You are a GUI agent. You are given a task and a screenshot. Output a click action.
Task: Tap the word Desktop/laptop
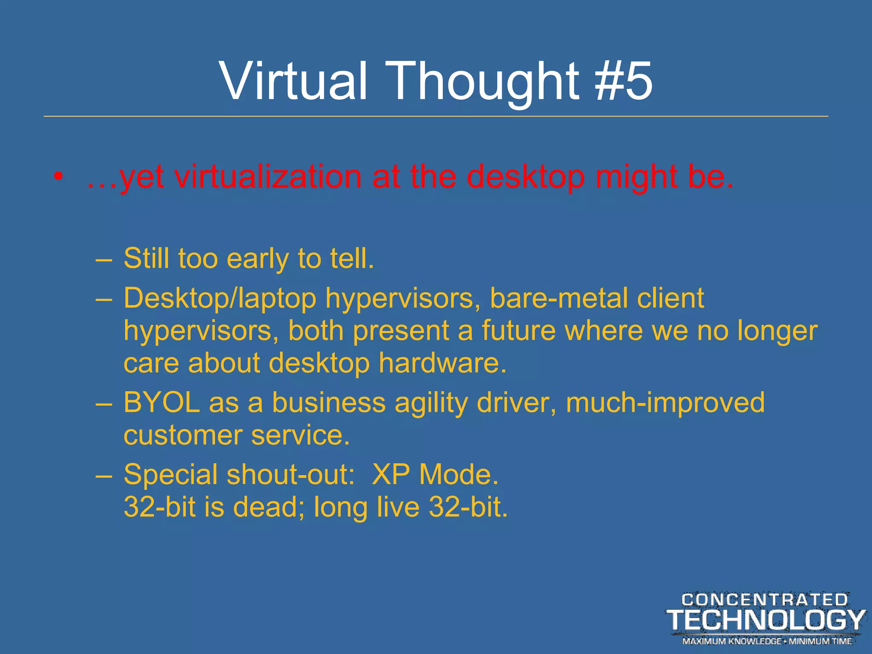pyautogui.click(x=220, y=298)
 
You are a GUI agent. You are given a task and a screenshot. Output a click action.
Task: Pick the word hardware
pyautogui.click(x=442, y=363)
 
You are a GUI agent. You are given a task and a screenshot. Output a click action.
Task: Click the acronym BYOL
pyautogui.click(x=161, y=402)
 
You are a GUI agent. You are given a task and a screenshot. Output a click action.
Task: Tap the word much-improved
pyautogui.click(x=665, y=403)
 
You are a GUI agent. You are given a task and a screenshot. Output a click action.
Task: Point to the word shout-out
pyautogui.click(x=290, y=474)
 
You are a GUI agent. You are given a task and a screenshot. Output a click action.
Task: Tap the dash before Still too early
pyautogui.click(x=104, y=259)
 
